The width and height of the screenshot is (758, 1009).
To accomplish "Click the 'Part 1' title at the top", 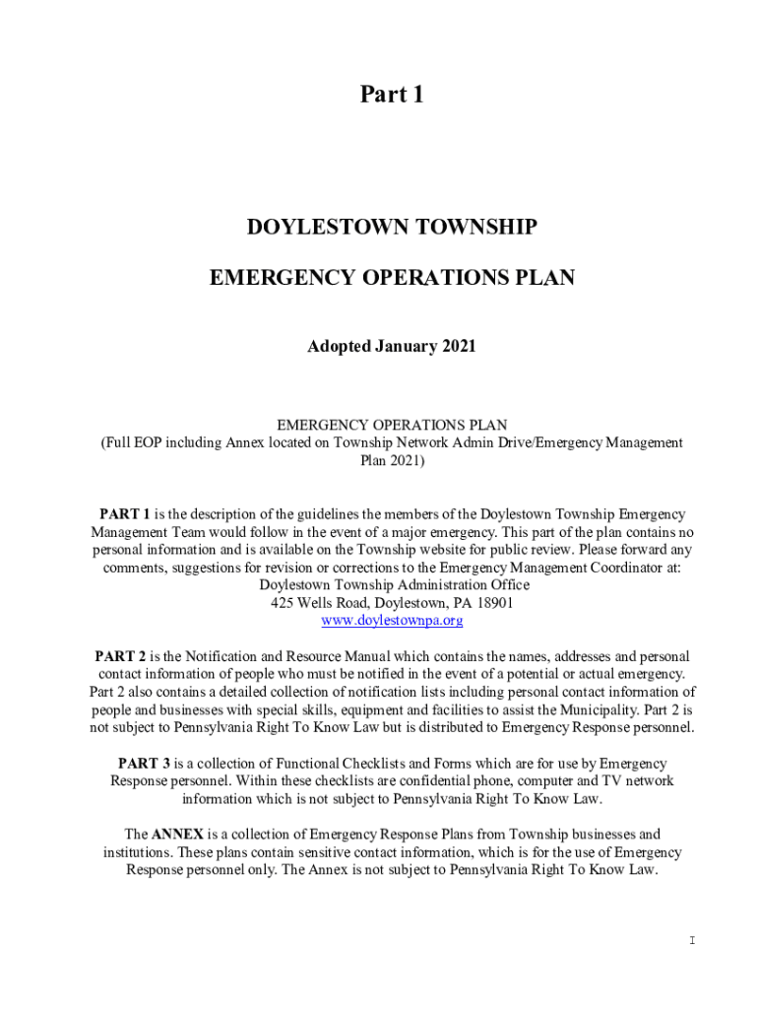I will tap(392, 95).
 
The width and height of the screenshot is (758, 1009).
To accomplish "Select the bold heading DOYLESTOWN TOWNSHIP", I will tap(392, 228).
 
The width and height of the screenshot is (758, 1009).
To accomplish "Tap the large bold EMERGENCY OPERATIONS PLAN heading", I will tap(392, 279).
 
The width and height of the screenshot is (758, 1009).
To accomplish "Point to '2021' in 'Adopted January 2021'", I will tap(459, 347).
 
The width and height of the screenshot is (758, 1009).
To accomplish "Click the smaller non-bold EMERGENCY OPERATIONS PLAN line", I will tap(392, 425).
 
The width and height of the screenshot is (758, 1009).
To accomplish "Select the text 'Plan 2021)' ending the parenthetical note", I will tap(392, 459).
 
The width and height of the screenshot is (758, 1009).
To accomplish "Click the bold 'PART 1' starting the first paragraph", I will tap(125, 514).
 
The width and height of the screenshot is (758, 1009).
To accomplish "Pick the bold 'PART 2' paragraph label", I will tap(121, 656).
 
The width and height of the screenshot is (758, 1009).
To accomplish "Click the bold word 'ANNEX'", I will tap(178, 835).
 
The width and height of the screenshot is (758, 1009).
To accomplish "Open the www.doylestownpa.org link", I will tap(392, 621).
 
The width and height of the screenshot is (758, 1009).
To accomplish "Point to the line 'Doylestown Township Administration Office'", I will tap(392, 585).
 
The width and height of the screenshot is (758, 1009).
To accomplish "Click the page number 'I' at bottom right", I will tap(692, 940).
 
